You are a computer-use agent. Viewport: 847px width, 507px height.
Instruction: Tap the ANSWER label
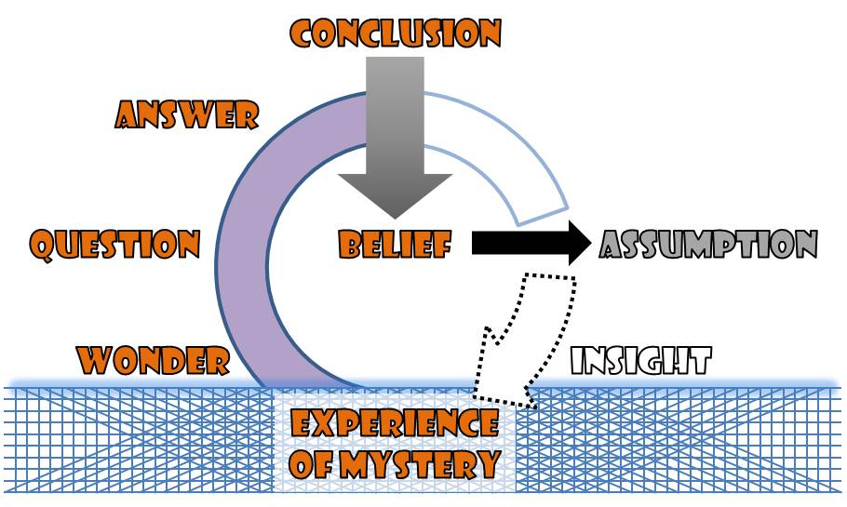186,115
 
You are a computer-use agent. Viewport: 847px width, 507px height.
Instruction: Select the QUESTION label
114,245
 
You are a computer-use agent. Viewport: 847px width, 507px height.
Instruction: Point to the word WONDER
153,359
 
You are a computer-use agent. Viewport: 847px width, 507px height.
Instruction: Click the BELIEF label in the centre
395,246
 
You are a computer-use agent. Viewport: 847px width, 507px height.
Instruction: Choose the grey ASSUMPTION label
708,245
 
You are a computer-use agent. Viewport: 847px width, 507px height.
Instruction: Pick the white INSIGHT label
641,360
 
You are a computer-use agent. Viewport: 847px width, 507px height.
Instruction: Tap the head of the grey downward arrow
395,195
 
